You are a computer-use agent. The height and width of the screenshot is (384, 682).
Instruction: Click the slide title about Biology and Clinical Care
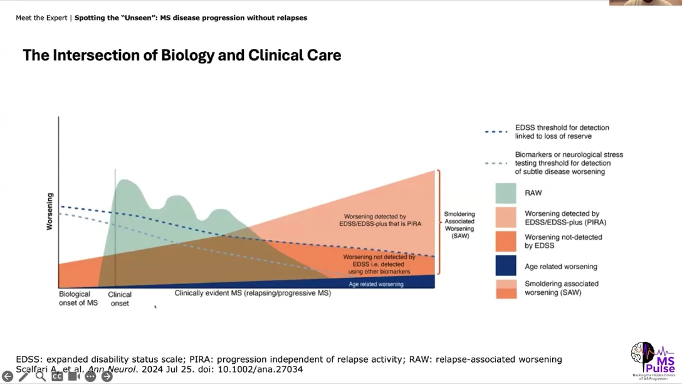point(182,55)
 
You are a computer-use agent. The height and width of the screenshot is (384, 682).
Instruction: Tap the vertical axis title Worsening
point(50,211)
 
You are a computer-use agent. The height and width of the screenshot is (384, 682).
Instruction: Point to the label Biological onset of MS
point(78,298)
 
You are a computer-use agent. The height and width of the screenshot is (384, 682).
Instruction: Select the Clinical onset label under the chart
point(120,299)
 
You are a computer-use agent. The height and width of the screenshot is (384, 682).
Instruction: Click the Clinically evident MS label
point(253,293)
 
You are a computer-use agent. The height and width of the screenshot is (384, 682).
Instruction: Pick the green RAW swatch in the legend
point(506,193)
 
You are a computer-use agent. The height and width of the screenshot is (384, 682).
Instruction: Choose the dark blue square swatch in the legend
point(506,266)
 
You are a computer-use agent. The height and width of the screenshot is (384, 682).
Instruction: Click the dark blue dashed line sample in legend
point(496,132)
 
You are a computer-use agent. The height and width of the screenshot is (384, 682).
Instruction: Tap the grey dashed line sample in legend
point(496,163)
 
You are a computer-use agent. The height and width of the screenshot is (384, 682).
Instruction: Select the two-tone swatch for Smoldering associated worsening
point(506,289)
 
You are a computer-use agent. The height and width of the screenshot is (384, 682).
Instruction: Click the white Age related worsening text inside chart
point(376,284)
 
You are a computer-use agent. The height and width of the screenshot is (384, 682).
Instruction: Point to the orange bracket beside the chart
point(438,222)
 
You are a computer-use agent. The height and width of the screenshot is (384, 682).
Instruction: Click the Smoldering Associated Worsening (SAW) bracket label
point(459,225)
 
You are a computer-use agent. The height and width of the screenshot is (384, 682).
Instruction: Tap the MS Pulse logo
point(653,360)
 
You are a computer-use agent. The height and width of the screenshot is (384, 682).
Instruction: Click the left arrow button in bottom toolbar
point(8,376)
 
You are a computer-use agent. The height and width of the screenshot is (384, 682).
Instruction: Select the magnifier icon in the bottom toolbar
point(41,376)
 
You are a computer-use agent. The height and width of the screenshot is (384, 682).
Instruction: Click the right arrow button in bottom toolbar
point(107,376)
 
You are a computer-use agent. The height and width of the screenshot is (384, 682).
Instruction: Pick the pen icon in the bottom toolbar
point(24,376)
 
